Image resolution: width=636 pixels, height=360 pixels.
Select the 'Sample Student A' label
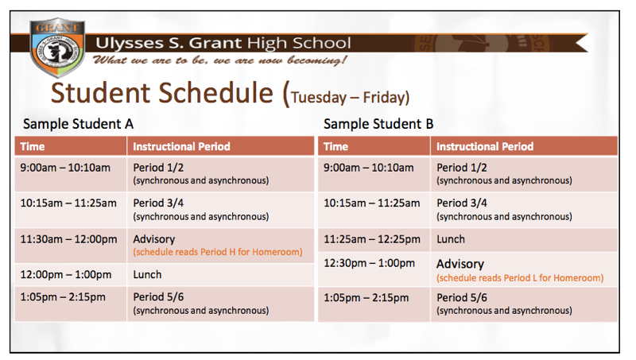coord(78,124)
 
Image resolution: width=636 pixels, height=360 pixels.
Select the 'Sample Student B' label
coord(378,124)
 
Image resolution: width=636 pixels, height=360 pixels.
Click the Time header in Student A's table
coord(33,146)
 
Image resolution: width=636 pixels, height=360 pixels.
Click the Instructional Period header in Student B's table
coord(485,146)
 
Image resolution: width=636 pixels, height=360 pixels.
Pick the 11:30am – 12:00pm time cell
coord(68,239)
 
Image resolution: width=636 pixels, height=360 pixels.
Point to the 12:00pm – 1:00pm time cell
coord(66,274)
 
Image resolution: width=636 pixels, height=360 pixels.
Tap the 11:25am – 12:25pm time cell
coord(372,238)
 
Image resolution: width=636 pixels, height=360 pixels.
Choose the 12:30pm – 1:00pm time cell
coord(370,263)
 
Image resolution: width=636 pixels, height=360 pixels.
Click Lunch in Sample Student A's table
coord(147,274)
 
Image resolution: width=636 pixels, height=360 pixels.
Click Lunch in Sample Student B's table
coord(451,238)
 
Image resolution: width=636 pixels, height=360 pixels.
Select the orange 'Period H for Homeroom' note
coord(218,252)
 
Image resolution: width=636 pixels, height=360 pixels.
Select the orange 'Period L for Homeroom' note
coord(520,278)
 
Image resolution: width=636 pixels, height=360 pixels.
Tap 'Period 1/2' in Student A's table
coord(158,168)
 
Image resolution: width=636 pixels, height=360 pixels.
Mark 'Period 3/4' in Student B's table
coord(462,203)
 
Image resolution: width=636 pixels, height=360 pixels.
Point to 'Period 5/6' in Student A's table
coord(158,297)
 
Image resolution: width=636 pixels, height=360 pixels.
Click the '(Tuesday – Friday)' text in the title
coord(350,98)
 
